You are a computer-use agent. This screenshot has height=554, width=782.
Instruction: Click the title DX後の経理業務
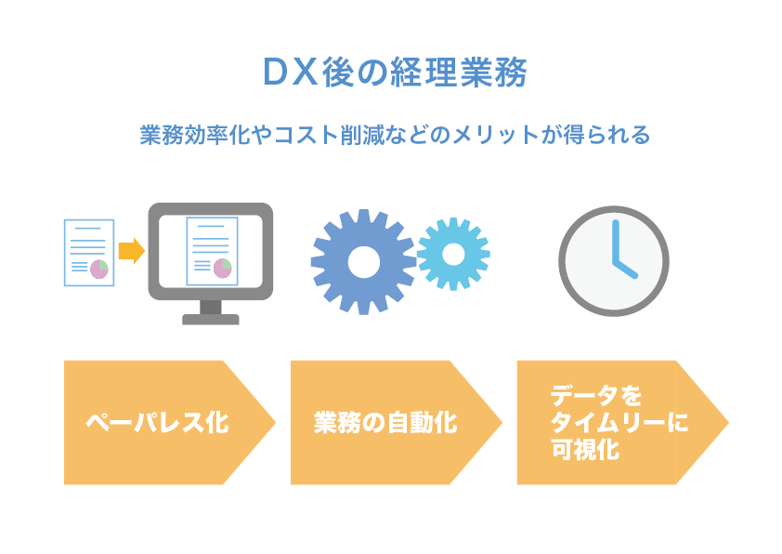395,73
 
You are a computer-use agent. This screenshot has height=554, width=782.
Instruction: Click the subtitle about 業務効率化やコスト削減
395,135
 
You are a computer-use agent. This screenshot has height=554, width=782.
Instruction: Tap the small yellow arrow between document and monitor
132,251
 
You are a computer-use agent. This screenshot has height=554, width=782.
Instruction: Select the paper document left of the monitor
89,253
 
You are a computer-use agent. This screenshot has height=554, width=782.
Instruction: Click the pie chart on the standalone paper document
99,269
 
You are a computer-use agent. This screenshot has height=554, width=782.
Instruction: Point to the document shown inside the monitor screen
212,251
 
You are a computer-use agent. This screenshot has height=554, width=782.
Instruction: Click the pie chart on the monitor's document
222,268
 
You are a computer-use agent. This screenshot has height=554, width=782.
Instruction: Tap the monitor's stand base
211,320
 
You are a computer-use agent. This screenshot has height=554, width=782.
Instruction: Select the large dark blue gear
363,262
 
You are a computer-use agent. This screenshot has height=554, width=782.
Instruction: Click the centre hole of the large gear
363,262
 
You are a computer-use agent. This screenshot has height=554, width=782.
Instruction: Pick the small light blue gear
453,254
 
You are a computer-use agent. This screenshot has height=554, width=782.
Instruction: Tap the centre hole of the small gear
453,254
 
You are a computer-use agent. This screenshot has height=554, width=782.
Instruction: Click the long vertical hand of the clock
616,241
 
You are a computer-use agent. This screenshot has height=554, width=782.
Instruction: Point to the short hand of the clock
625,269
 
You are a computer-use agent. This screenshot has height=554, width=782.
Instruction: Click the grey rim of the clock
614,207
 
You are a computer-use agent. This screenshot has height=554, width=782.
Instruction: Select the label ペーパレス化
157,423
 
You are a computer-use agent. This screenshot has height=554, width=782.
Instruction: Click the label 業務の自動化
385,422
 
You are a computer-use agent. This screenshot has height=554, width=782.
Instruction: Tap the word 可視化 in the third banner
585,449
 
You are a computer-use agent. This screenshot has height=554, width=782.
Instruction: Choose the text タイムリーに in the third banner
619,422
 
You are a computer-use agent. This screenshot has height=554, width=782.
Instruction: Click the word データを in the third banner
596,395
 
